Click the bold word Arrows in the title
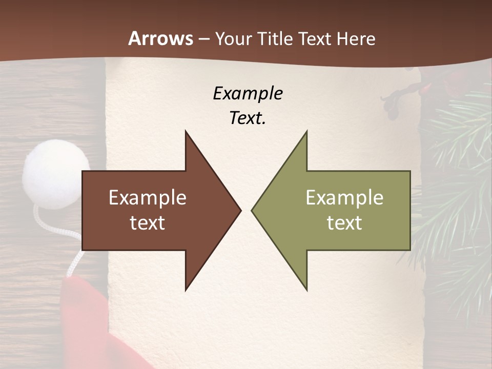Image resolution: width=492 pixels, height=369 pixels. coord(160,38)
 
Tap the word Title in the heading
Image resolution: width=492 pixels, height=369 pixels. coord(276,38)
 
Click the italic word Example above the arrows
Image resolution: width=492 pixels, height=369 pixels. coord(248,93)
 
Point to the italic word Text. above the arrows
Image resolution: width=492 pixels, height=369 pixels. coord(248,118)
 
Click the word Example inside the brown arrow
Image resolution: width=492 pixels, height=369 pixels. coord(148,198)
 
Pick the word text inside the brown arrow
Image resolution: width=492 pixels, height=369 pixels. coord(148,223)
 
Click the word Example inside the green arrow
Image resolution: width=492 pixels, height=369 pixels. coord(344,198)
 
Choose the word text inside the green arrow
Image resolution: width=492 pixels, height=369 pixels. coord(344,223)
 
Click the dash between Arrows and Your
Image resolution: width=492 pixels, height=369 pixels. coord(203,39)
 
